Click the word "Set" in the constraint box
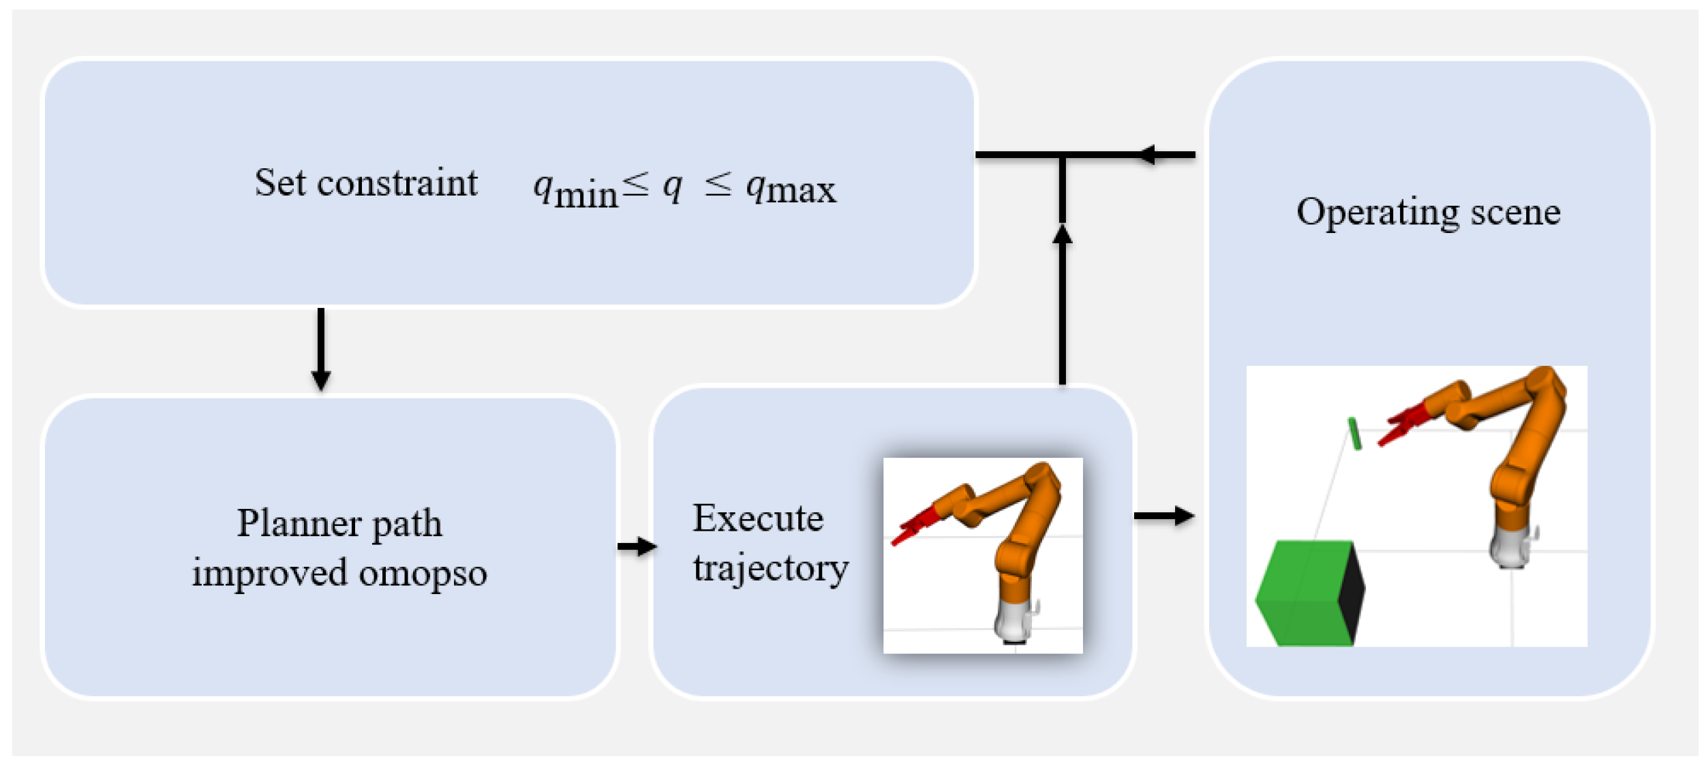point(279,183)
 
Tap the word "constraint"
point(397,183)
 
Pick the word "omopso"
point(423,573)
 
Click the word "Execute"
point(758,518)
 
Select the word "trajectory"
point(770,568)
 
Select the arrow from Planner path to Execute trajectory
point(637,546)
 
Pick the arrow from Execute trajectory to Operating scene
point(1163,516)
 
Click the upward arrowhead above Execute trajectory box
point(1062,235)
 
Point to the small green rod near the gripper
point(1355,433)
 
